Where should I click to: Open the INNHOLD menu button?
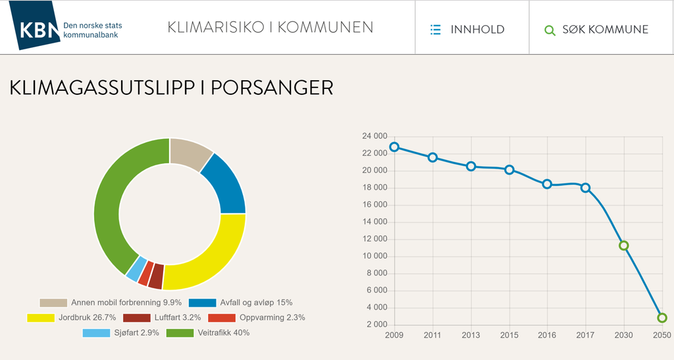tap(467, 29)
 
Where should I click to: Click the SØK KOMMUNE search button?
tap(596, 29)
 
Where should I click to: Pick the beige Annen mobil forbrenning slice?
tap(188, 154)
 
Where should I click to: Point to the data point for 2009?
tap(394, 147)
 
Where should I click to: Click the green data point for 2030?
tap(624, 245)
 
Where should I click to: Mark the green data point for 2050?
tap(661, 318)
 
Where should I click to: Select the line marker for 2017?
tap(585, 188)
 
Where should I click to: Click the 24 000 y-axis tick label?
tap(375, 136)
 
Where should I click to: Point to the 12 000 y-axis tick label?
tap(375, 239)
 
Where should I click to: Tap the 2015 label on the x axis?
tap(509, 336)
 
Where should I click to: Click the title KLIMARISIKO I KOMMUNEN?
tap(270, 28)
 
